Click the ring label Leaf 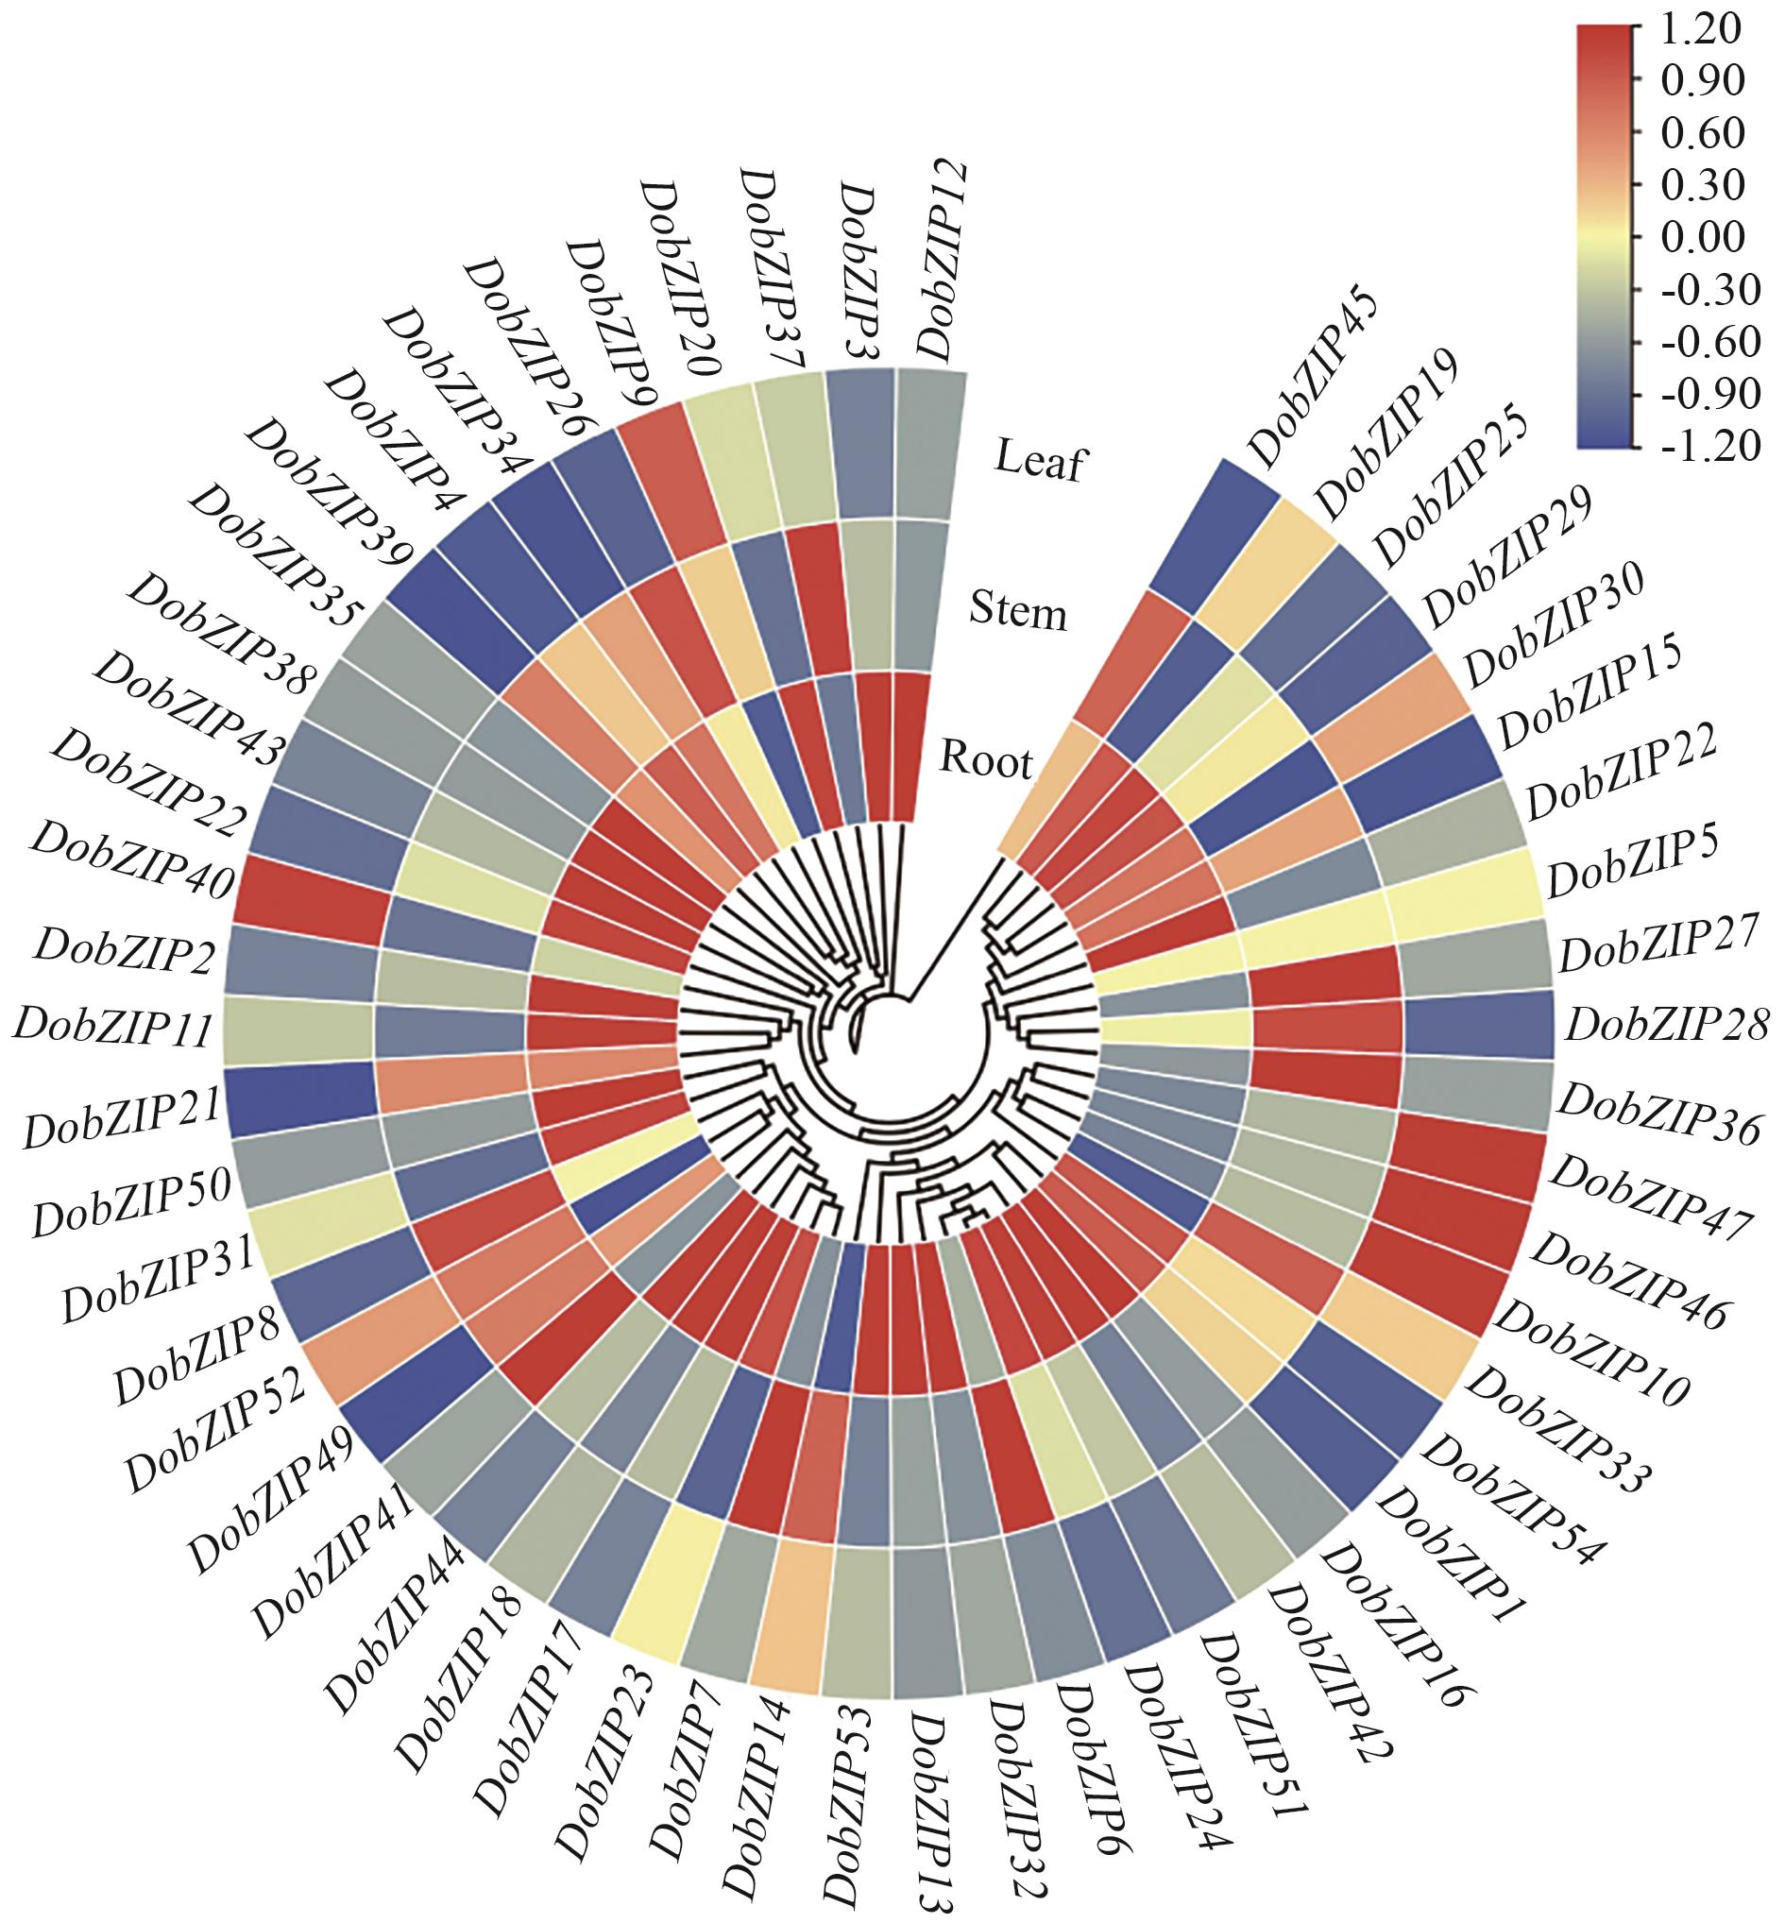click(1040, 461)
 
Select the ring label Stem click(1017, 612)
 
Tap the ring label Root click(986, 762)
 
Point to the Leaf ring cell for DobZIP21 click(300, 1101)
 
